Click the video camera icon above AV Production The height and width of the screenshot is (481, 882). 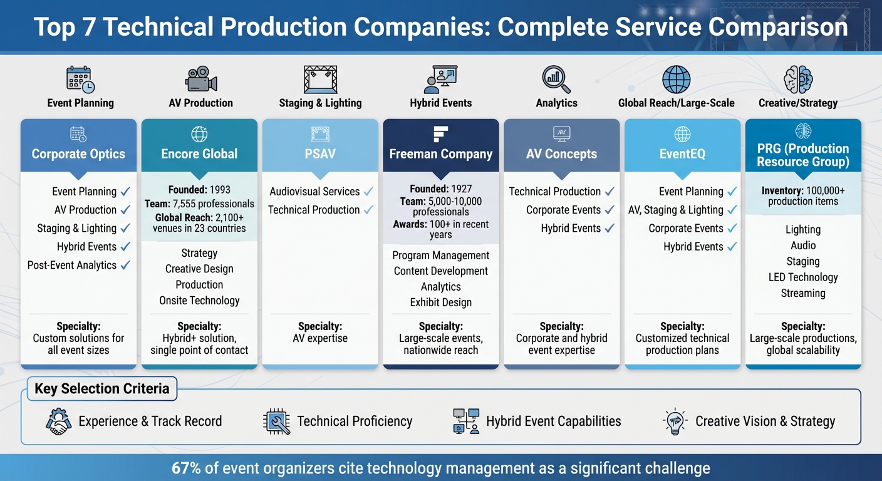(201, 80)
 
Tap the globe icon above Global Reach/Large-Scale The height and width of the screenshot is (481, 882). (676, 80)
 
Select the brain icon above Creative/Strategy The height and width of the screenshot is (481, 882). (798, 80)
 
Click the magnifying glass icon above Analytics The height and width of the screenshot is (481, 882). (556, 80)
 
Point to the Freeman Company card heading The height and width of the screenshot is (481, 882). (440, 154)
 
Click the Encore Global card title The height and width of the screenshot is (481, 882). (199, 154)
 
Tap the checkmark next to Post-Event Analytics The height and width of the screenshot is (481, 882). (125, 265)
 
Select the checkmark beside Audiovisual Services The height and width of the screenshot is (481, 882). (368, 192)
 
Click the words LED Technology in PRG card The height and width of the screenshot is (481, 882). (803, 277)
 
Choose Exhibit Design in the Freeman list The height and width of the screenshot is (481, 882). (440, 303)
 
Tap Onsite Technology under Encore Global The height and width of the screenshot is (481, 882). (199, 301)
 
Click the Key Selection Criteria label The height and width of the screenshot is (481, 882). (101, 389)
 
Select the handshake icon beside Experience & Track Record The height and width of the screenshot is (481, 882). (59, 422)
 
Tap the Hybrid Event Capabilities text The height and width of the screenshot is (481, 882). (553, 422)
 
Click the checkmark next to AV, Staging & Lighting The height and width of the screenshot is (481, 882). (732, 210)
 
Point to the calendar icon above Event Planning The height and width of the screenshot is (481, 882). (80, 80)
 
